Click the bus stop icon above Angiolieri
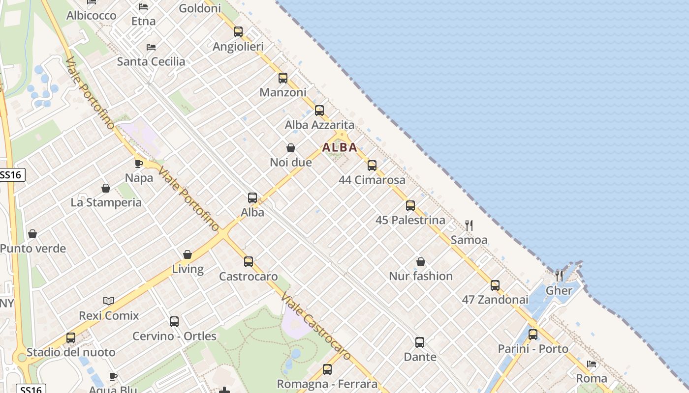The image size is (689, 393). click(238, 32)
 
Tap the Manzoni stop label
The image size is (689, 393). click(283, 92)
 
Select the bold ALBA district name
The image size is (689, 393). click(340, 147)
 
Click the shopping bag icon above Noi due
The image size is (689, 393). click(291, 148)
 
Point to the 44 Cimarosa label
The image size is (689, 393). click(372, 180)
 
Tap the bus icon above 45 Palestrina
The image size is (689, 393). click(410, 206)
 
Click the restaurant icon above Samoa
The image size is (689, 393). click(469, 225)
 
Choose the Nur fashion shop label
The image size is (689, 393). click(421, 276)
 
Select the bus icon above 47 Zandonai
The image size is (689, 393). click(495, 285)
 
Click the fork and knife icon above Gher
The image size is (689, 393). click(559, 276)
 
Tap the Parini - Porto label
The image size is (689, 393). click(533, 349)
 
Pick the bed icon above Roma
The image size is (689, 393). click(592, 364)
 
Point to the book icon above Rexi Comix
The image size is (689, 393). click(109, 301)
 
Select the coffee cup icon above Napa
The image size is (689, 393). click(139, 164)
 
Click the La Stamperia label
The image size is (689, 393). click(106, 202)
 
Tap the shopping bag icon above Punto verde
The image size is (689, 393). click(32, 234)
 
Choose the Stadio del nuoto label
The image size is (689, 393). click(71, 352)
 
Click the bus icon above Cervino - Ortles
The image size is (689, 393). click(174, 322)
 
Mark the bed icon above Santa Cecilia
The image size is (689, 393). click(151, 47)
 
